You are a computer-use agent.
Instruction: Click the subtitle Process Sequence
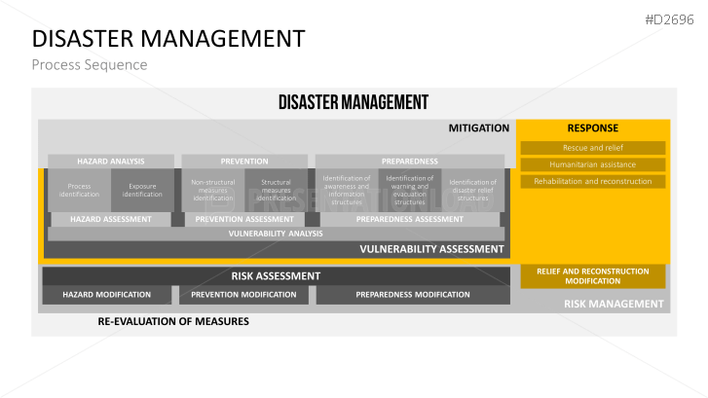(89, 65)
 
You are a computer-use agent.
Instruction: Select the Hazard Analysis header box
(111, 161)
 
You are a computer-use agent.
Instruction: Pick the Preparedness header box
(409, 161)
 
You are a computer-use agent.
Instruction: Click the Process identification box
(79, 190)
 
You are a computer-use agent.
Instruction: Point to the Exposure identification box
(142, 190)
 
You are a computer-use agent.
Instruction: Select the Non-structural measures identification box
(212, 190)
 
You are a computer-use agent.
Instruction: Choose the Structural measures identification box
(276, 190)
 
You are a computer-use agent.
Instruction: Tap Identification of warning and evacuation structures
(409, 190)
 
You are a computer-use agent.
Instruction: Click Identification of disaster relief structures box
(472, 190)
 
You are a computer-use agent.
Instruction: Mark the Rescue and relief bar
(593, 148)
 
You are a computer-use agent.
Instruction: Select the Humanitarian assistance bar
(593, 164)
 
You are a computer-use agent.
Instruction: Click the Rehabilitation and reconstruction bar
(593, 181)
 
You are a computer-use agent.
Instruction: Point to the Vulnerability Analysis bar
(276, 234)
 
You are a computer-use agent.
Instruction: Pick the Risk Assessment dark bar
(276, 275)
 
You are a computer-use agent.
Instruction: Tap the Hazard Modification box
(107, 294)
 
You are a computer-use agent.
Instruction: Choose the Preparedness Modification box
(412, 294)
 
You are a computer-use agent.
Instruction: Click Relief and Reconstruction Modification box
(593, 276)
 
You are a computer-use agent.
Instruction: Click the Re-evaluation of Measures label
(173, 321)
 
